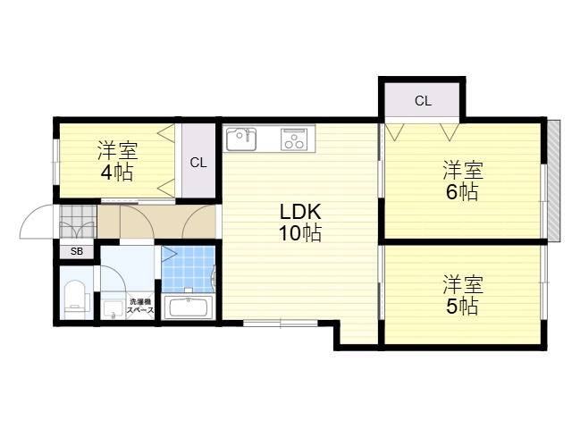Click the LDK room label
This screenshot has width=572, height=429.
[x=300, y=211]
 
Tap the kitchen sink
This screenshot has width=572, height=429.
[x=241, y=139]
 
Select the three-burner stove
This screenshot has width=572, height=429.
[x=294, y=139]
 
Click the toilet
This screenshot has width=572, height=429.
[x=75, y=296]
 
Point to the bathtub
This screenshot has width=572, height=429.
[x=189, y=307]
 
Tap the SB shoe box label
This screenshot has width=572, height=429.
[x=77, y=251]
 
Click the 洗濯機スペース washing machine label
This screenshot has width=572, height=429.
[x=140, y=306]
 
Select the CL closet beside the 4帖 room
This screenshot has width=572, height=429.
[x=198, y=163]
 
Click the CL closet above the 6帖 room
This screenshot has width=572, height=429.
[x=423, y=101]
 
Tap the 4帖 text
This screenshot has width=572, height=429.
[x=117, y=172]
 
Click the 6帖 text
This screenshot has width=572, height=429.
[x=462, y=192]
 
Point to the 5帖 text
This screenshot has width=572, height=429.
[x=462, y=306]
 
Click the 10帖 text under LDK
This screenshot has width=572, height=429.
[x=300, y=232]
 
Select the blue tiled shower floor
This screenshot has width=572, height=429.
[x=188, y=269]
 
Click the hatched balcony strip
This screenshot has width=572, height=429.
[x=554, y=181]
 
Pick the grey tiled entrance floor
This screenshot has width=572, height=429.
[x=78, y=222]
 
